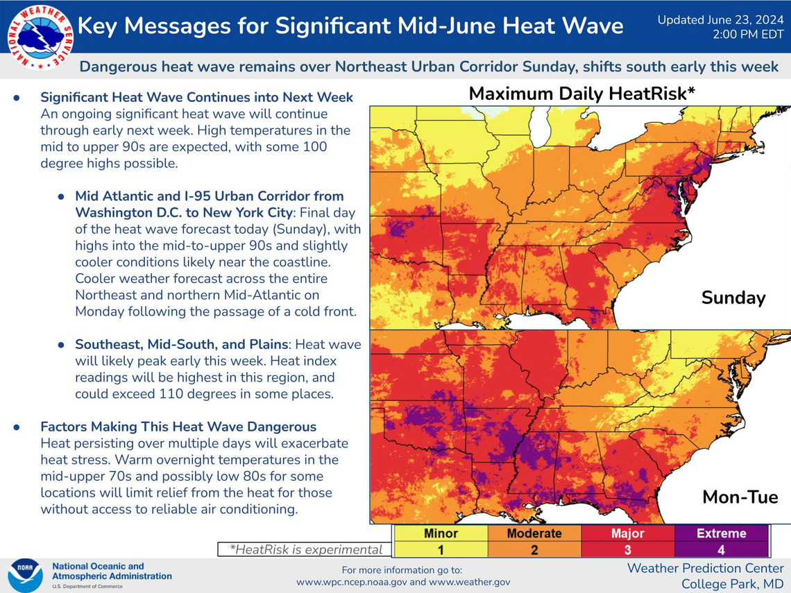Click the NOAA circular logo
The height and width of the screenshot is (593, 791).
[x=25, y=575]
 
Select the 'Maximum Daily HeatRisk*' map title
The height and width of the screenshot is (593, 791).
[x=581, y=94]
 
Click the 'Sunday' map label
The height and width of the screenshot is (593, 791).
[x=733, y=298]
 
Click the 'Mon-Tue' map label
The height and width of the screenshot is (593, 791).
[x=740, y=497]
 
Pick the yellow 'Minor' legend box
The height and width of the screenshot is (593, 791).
[x=441, y=533]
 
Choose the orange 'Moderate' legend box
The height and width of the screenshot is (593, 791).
[x=534, y=533]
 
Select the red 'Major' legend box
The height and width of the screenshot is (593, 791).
[x=627, y=533]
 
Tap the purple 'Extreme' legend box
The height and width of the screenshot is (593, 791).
[x=722, y=533]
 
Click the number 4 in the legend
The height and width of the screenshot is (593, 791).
[x=722, y=549]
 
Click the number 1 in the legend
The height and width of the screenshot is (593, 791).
[x=441, y=549]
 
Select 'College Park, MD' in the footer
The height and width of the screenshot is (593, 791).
[x=732, y=584]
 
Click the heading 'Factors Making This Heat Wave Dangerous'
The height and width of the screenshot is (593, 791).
[x=178, y=427]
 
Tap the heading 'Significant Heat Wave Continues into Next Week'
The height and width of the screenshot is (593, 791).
[x=197, y=97]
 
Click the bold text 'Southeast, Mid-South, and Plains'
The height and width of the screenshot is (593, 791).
[x=182, y=344]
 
